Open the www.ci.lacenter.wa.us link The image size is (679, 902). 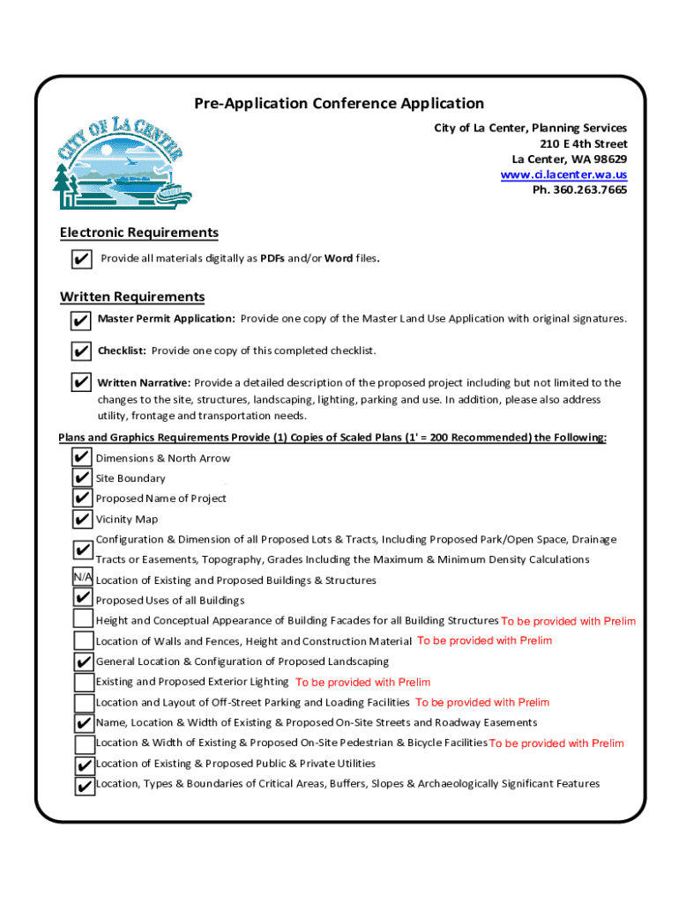(563, 174)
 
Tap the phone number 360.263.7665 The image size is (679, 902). (579, 189)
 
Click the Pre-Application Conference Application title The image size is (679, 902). (339, 104)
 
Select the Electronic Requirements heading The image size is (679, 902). (138, 233)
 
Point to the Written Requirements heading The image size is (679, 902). (131, 297)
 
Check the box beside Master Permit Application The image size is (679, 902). (80, 320)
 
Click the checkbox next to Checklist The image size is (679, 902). (80, 351)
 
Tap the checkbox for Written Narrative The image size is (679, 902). (80, 383)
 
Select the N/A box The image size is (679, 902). (83, 577)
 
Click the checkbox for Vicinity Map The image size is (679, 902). (83, 519)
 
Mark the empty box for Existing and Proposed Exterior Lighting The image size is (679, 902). (84, 682)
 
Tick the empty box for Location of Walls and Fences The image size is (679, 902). (84, 641)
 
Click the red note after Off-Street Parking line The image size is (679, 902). (481, 702)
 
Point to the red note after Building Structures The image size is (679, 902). (568, 621)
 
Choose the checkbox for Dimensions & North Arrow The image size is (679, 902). (83, 458)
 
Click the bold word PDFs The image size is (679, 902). (272, 259)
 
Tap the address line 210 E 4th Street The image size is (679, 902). (583, 144)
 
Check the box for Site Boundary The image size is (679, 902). (83, 478)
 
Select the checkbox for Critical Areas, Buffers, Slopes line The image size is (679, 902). (85, 785)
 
